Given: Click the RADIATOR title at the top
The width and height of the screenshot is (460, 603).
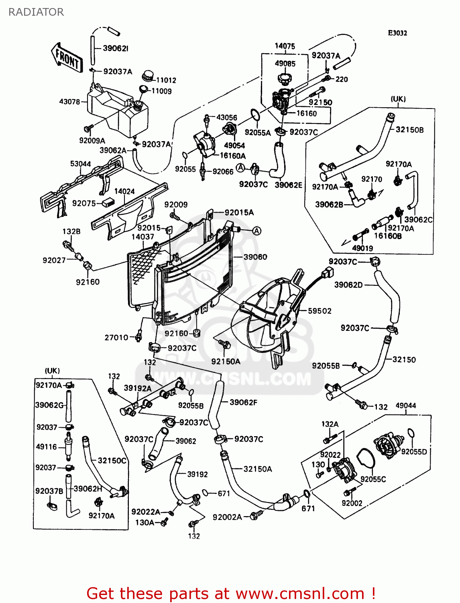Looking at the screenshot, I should (36, 12).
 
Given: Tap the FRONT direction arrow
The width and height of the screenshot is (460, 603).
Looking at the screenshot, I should (67, 57).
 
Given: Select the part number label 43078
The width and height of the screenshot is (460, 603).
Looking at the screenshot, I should (69, 102).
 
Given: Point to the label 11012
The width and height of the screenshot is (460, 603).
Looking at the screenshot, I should (166, 80).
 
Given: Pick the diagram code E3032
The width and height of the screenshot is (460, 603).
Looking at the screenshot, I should (397, 33).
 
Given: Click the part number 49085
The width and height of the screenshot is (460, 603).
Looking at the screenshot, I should (285, 64).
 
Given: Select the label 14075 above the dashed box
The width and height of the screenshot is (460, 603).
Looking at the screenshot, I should (285, 46).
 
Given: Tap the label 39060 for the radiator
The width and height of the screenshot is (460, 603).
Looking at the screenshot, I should (255, 257).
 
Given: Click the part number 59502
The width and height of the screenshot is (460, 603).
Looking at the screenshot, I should (320, 311).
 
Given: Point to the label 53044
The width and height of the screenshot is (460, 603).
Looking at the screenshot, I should (80, 164).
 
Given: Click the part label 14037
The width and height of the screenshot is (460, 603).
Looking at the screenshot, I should (142, 237).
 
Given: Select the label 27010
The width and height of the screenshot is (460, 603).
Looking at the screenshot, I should (116, 338).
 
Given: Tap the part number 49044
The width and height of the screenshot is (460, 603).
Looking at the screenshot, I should (406, 406).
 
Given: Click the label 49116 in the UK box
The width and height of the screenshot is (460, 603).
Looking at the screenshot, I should (47, 447).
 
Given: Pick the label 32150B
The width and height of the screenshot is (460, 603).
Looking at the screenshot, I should (409, 130).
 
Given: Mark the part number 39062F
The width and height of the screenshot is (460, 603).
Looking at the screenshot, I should (243, 402).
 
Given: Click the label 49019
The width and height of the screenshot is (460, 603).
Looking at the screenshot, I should (362, 248).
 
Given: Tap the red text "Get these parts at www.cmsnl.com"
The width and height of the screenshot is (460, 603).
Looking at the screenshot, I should (231, 593).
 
